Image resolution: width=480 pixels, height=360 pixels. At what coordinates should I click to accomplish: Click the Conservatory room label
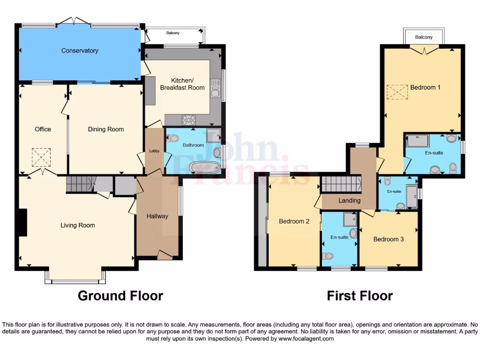80,51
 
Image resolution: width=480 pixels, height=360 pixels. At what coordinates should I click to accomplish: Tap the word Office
43,129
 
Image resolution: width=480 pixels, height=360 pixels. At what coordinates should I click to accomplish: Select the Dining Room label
106,129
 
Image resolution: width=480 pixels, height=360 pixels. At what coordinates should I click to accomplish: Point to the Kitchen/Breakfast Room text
182,84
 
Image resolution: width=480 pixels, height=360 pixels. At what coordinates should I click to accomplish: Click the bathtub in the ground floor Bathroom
204,167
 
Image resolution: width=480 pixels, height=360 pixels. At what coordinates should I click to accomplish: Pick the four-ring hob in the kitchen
188,120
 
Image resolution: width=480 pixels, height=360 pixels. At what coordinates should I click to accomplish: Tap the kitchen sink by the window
216,88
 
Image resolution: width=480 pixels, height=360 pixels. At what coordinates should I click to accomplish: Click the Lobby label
154,151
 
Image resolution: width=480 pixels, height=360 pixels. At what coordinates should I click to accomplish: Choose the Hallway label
157,216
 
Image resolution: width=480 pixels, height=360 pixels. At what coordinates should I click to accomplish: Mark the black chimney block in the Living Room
22,223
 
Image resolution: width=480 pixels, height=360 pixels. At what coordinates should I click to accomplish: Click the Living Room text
78,225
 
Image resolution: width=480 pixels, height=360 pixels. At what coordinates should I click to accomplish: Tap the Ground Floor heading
120,296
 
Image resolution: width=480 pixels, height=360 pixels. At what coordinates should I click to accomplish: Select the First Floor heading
360,296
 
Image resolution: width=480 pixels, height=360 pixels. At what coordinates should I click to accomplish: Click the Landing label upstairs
350,201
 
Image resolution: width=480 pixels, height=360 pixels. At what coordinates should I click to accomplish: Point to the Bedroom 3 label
389,239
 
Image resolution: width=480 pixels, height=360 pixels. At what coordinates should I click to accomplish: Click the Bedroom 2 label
294,222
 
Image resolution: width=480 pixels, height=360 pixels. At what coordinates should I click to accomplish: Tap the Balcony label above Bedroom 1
424,37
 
